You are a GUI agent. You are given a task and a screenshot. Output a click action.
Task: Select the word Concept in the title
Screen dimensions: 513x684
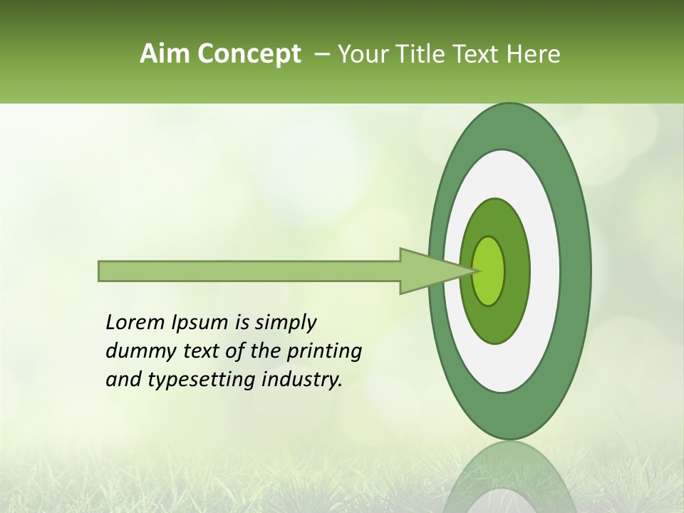tap(249, 53)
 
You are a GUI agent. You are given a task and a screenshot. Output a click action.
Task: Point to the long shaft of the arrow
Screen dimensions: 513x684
tap(249, 271)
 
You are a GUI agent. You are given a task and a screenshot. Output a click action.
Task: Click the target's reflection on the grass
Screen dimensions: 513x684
tap(509, 477)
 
